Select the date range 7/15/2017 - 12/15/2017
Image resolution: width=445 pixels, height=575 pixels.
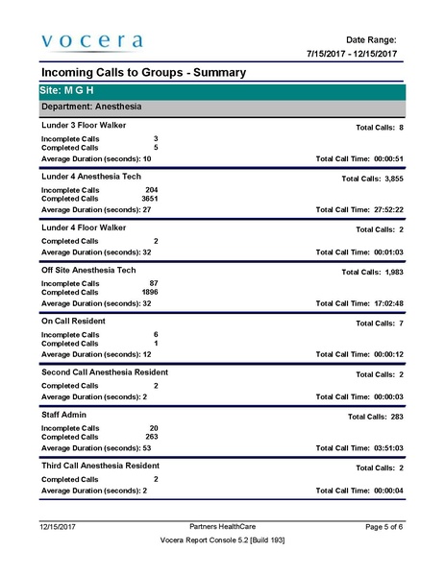pyautogui.click(x=352, y=54)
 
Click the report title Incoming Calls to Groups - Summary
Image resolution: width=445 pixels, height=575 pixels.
pyautogui.click(x=143, y=73)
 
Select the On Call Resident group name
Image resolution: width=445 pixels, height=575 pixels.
pyautogui.click(x=74, y=320)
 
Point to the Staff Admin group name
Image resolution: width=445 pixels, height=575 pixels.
pyautogui.click(x=64, y=414)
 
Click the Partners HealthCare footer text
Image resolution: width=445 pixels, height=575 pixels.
pyautogui.click(x=223, y=527)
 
